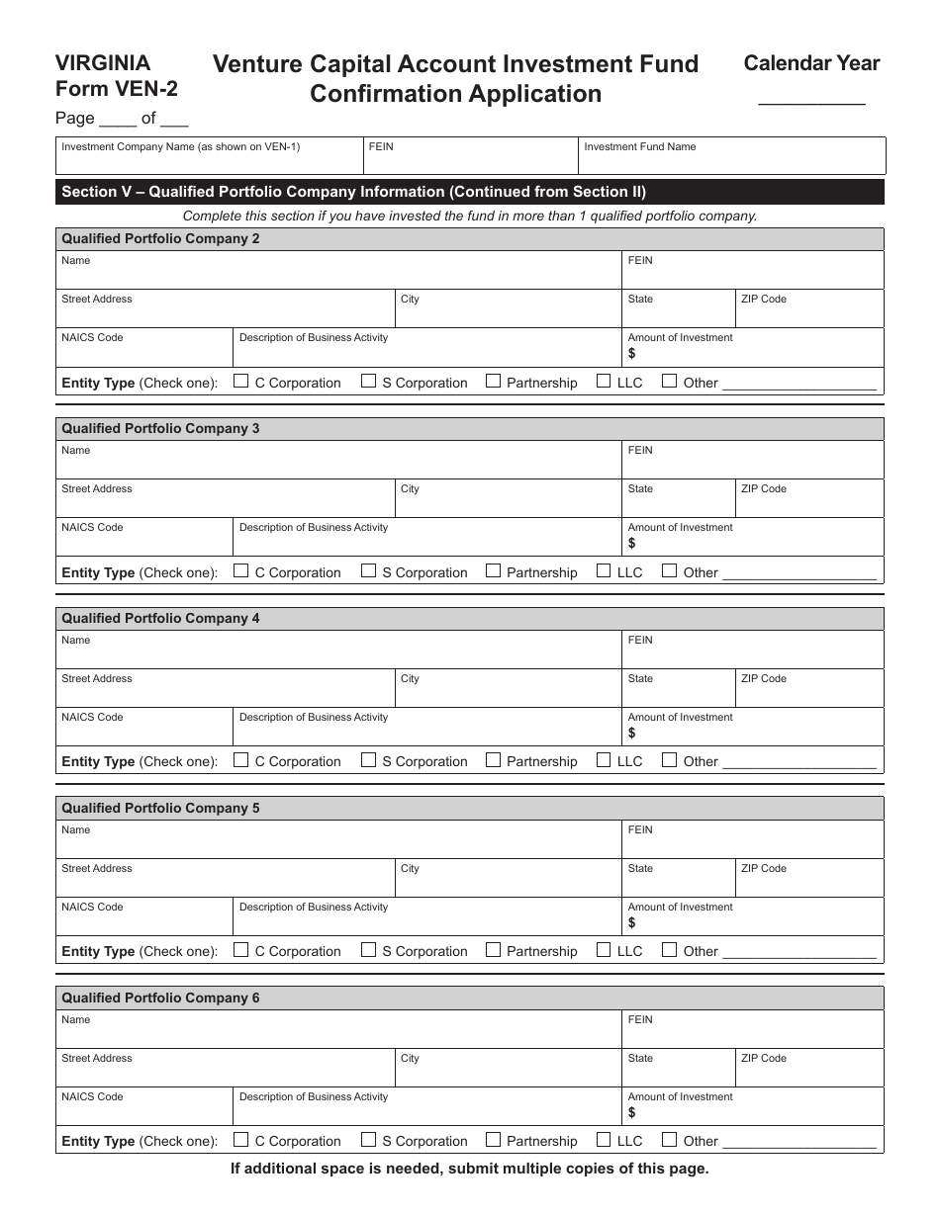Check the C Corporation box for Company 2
click(241, 382)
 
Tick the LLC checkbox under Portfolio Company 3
click(604, 571)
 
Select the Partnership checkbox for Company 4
click(493, 760)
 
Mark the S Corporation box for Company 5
click(368, 950)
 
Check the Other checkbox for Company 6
click(670, 1140)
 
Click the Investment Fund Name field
click(731, 158)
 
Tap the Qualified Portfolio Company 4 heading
click(161, 619)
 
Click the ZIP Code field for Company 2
click(808, 312)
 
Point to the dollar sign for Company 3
click(632, 544)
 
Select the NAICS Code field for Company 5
click(144, 919)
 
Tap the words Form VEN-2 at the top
click(117, 88)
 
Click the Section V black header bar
click(470, 192)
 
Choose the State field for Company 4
click(678, 691)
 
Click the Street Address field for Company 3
click(226, 502)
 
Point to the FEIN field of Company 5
click(752, 842)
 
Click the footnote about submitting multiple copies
click(470, 1169)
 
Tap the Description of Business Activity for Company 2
click(426, 352)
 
